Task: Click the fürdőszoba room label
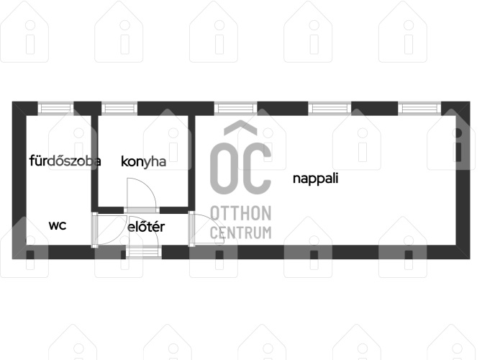(65, 161)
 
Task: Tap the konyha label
(144, 162)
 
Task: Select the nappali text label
(315, 179)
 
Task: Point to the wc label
(58, 225)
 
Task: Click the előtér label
(146, 227)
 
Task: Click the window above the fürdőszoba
(55, 108)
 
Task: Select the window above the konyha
(119, 108)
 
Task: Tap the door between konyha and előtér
(142, 195)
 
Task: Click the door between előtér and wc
(109, 230)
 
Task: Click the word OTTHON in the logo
(241, 213)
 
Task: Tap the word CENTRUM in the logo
(241, 233)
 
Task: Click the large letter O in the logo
(224, 168)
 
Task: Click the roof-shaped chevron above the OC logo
(241, 127)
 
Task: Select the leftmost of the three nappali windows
(235, 108)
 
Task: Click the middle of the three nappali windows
(329, 108)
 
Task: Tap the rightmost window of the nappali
(419, 108)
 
